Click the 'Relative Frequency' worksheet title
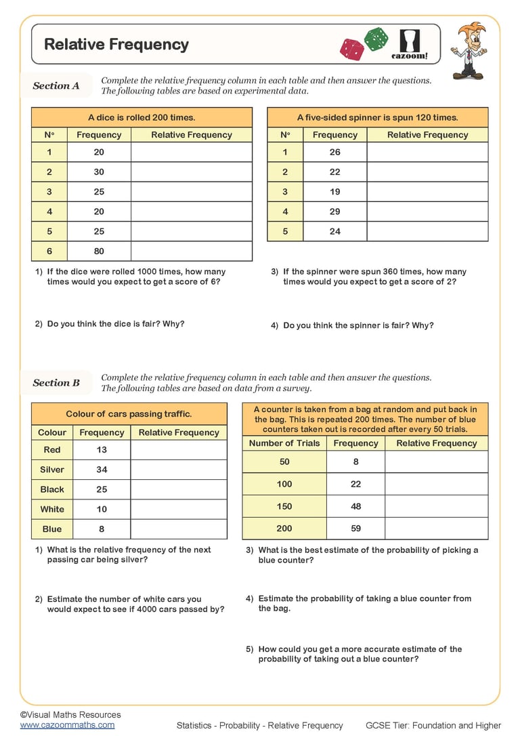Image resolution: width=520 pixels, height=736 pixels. point(116,45)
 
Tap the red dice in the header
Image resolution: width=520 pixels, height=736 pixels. point(351,49)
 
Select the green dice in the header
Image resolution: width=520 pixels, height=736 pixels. point(376,39)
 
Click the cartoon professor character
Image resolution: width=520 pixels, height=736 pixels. point(469,49)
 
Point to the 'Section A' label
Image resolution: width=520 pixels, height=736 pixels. point(56,86)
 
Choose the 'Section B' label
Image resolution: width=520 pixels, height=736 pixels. point(56,383)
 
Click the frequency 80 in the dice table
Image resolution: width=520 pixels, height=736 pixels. point(99,251)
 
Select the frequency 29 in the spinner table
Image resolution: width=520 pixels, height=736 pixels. point(334,211)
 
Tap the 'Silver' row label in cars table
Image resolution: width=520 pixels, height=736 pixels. point(52,470)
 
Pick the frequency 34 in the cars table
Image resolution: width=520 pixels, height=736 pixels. point(102,470)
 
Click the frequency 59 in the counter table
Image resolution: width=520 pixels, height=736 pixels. point(355,529)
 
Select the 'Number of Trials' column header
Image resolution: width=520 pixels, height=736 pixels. point(284,443)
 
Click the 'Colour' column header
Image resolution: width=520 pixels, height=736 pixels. point(52,432)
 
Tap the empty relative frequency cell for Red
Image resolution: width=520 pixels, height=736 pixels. point(179,450)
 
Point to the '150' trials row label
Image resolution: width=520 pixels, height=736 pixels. point(284,506)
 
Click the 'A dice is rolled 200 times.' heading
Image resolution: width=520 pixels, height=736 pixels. point(142,117)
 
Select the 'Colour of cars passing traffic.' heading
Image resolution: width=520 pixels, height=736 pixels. point(129,413)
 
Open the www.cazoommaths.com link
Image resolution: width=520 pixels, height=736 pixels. point(67,724)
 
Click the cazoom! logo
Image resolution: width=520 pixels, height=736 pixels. point(410,45)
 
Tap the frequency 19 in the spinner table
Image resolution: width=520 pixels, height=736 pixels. point(334,192)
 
